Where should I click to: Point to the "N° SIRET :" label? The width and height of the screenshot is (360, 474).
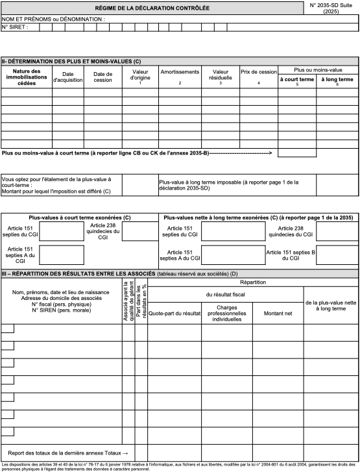point(15,27)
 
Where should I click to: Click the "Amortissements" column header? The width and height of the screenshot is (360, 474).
point(180,73)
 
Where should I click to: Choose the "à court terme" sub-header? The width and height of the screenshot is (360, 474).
point(297,79)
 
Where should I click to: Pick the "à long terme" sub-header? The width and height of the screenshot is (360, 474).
point(337,79)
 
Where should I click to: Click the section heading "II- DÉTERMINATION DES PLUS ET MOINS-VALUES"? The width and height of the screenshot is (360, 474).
point(71,61)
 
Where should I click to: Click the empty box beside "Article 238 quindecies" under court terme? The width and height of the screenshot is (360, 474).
point(139,231)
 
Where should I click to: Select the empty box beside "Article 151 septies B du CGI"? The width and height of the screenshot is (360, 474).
point(336,255)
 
